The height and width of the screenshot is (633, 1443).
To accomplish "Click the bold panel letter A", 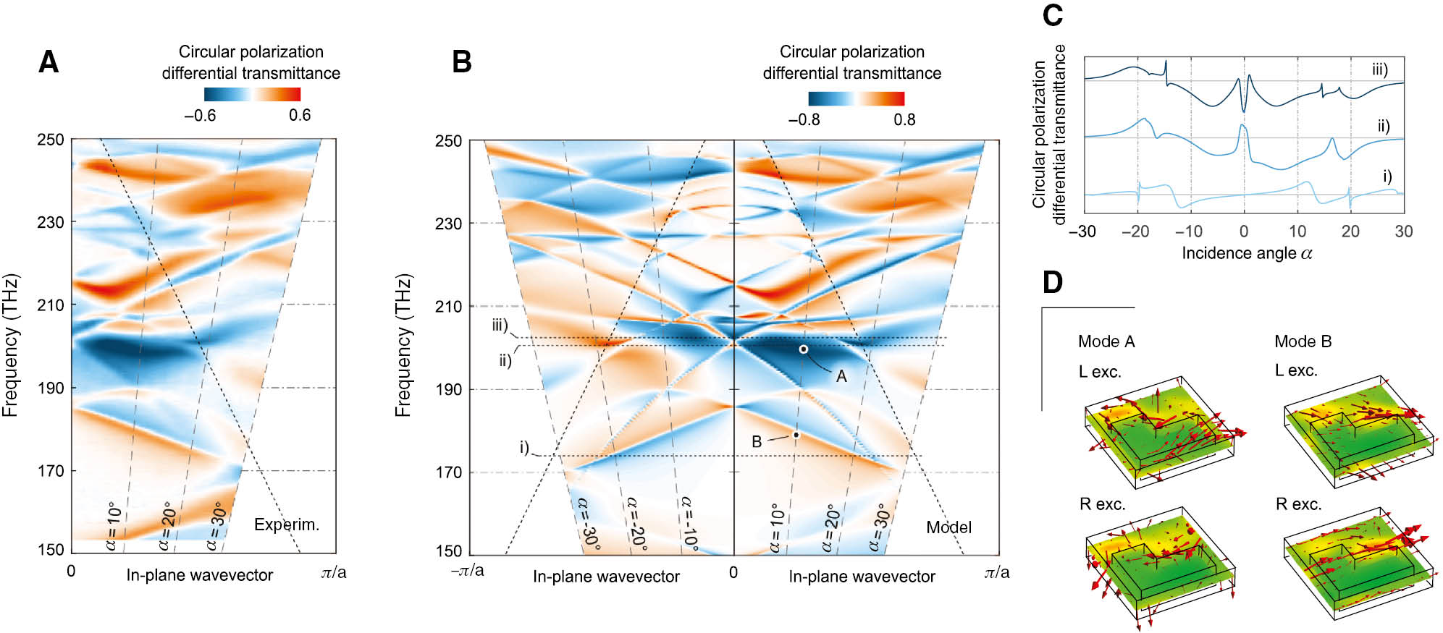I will (49, 62).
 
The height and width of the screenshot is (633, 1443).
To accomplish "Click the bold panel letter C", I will (1052, 15).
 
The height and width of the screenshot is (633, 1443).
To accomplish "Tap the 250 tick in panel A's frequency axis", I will (51, 140).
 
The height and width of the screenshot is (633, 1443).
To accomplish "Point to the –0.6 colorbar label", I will (200, 116).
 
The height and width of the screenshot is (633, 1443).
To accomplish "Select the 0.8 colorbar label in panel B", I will (904, 119).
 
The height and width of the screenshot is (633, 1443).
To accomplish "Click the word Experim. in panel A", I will (286, 524).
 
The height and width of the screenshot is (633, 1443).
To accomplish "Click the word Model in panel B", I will (948, 527).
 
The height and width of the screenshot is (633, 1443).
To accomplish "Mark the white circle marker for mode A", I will (803, 349).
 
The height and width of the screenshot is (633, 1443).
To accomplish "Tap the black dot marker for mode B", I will (796, 435).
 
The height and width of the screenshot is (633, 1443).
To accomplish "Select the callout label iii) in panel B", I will (500, 326).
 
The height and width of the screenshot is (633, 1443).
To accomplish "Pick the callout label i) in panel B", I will (524, 447).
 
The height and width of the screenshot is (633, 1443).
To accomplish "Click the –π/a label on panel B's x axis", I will (468, 571).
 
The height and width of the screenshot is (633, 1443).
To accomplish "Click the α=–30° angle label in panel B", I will (588, 524).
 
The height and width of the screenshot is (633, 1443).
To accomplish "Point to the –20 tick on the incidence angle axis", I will (1135, 231).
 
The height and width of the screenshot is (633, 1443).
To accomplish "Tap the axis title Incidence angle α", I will (1247, 253).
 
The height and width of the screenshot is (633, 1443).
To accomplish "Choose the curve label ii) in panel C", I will (1383, 127).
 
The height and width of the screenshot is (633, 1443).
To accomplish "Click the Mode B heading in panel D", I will (1303, 341).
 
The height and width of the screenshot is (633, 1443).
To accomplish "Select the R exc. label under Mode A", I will (1102, 504).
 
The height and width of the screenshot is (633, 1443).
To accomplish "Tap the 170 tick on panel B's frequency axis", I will (447, 472).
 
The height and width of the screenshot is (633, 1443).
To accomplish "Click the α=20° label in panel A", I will (166, 526).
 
